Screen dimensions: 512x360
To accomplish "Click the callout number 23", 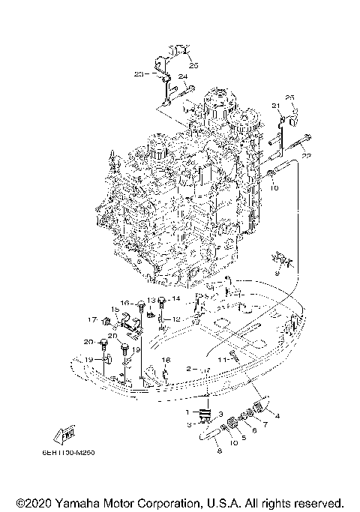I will click(x=138, y=73).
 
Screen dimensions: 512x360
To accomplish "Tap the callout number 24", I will click(x=182, y=76).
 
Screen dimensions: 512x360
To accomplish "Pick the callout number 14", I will click(x=177, y=298).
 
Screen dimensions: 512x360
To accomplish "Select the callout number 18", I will click(x=166, y=361).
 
